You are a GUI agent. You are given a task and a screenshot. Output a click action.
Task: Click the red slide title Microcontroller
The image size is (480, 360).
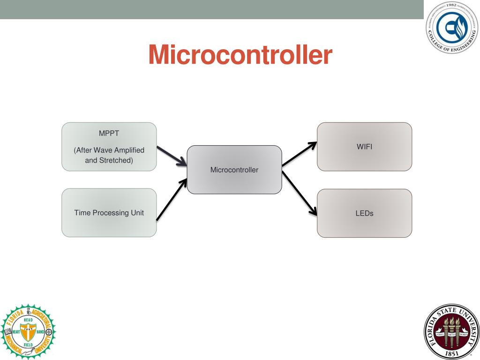(240, 55)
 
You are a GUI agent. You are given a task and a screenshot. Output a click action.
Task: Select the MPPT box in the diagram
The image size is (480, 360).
(109, 146)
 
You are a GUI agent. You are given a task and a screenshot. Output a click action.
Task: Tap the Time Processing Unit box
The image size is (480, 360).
(109, 212)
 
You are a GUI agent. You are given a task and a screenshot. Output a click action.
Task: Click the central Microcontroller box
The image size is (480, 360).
(234, 170)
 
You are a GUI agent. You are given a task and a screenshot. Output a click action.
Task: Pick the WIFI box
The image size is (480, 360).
(364, 147)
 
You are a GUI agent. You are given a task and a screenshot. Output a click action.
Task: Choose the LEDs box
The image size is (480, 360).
(364, 213)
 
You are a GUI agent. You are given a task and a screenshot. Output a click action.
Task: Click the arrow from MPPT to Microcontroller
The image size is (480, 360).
(172, 156)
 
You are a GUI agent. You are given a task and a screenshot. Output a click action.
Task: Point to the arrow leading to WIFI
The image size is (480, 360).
(299, 154)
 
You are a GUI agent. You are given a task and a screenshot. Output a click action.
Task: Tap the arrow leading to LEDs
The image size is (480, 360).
(299, 193)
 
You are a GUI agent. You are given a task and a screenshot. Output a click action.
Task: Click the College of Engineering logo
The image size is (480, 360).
(452, 27)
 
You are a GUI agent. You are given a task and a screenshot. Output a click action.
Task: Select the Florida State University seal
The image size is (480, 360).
(452, 331)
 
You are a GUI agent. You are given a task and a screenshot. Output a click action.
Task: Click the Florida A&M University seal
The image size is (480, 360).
(28, 331)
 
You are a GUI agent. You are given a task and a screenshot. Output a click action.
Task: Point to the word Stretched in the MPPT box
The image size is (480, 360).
(116, 160)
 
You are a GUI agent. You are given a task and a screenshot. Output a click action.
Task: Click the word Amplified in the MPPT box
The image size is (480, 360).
(129, 150)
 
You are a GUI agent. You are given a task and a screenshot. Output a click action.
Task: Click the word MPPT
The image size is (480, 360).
(109, 133)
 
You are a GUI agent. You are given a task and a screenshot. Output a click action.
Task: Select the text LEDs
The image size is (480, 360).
(364, 213)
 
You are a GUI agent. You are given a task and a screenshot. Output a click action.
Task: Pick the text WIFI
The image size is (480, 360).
(364, 147)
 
